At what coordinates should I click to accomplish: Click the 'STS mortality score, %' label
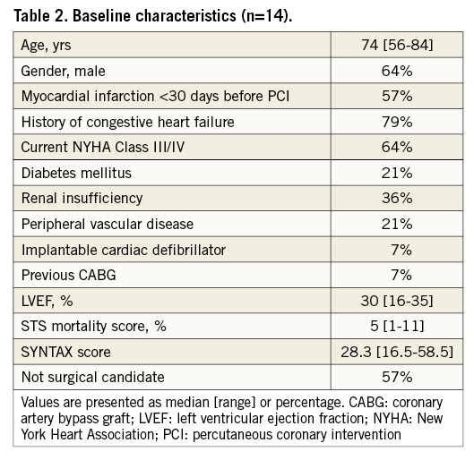click(x=92, y=324)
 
